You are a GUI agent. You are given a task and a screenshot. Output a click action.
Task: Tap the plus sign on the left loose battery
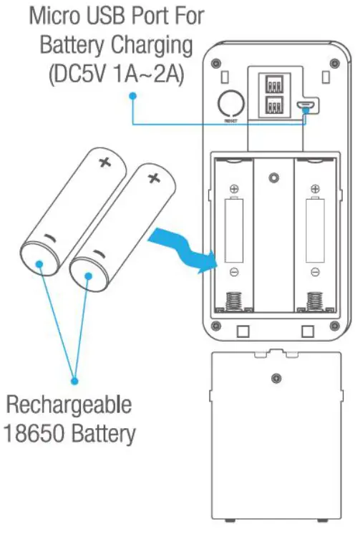coord(104,161)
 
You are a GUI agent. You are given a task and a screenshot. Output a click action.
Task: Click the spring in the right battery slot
coord(313,301)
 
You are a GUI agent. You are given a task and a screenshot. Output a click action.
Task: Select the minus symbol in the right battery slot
coord(313,272)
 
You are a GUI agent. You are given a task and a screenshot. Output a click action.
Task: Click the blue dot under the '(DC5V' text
coord(133,101)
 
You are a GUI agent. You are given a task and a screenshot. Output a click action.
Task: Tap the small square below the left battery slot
coord(242,331)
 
